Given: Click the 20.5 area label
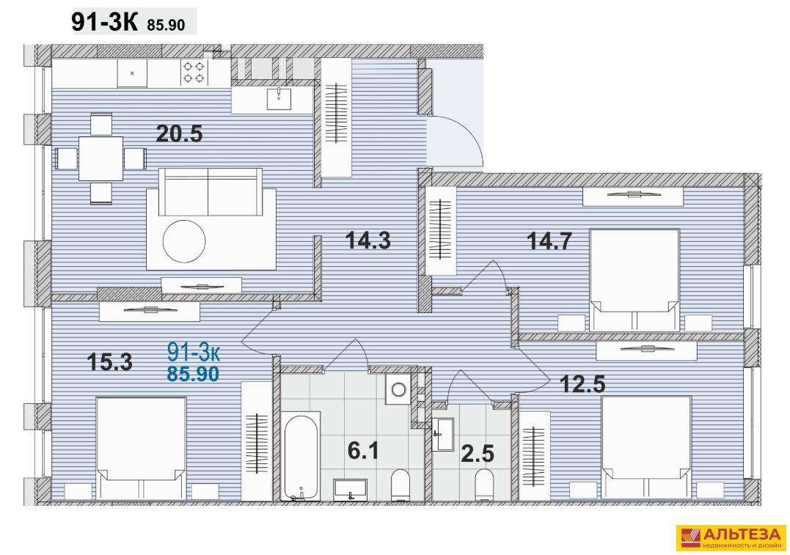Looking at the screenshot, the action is pos(179,134).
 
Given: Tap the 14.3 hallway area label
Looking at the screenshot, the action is pos(368,240).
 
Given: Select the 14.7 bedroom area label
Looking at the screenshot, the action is pos(549,240).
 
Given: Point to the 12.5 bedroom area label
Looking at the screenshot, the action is pos(583,384).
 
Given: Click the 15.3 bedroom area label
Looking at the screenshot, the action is pos(109,361).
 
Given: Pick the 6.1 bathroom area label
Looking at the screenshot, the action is pos(363,450).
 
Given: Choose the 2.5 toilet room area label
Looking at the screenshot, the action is pos(478,454).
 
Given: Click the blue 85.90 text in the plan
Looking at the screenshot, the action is pos(194,374).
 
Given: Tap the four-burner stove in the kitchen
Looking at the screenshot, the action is pos(194,72).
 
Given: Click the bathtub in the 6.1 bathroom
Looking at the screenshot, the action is pos(301,456).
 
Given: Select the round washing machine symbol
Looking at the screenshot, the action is pos(399,389).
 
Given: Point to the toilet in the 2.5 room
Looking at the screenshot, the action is pos(485,485).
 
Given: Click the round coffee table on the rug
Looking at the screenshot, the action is pos(184,242).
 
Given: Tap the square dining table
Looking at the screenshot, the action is pos(100,158).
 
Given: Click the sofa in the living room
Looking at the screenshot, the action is pos(211,192).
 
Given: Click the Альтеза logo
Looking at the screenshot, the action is pos(731,538).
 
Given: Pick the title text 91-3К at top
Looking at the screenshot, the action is pos(104,23).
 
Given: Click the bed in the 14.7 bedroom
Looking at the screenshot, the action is pos(634,280).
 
